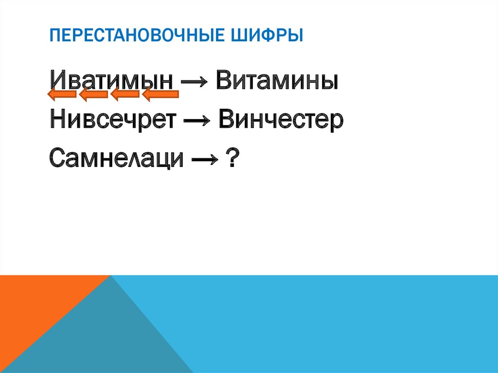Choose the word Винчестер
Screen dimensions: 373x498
pyautogui.click(x=281, y=119)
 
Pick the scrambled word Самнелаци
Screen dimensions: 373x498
pyautogui.click(x=117, y=158)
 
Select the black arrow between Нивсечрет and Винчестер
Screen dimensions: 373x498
pyautogui.click(x=196, y=121)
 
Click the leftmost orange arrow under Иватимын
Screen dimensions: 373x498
pyautogui.click(x=61, y=94)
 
